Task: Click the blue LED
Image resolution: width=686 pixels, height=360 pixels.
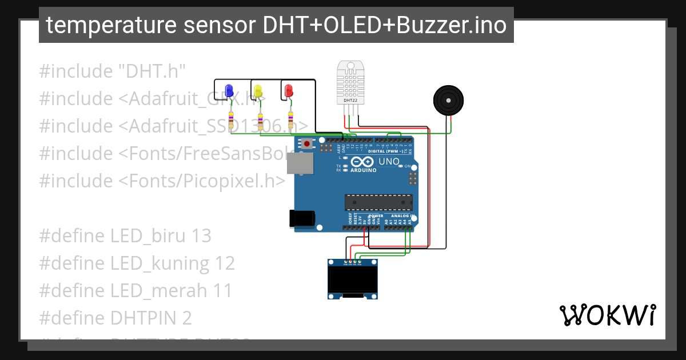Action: (x=229, y=90)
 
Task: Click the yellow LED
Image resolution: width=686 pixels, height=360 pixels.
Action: (x=258, y=90)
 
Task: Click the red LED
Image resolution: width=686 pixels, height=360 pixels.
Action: (x=288, y=90)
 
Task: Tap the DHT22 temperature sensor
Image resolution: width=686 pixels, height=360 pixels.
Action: (x=350, y=83)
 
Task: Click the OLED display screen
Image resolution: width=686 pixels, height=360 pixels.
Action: (x=353, y=279)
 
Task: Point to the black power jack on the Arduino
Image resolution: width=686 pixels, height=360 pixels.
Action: (x=301, y=219)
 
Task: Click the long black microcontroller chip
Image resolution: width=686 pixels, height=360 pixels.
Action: (x=378, y=203)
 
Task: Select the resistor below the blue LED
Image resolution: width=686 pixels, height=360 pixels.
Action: (x=230, y=121)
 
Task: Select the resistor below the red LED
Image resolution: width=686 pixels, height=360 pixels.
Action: (x=290, y=121)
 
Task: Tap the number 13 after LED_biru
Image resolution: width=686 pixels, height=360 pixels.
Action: (x=201, y=235)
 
